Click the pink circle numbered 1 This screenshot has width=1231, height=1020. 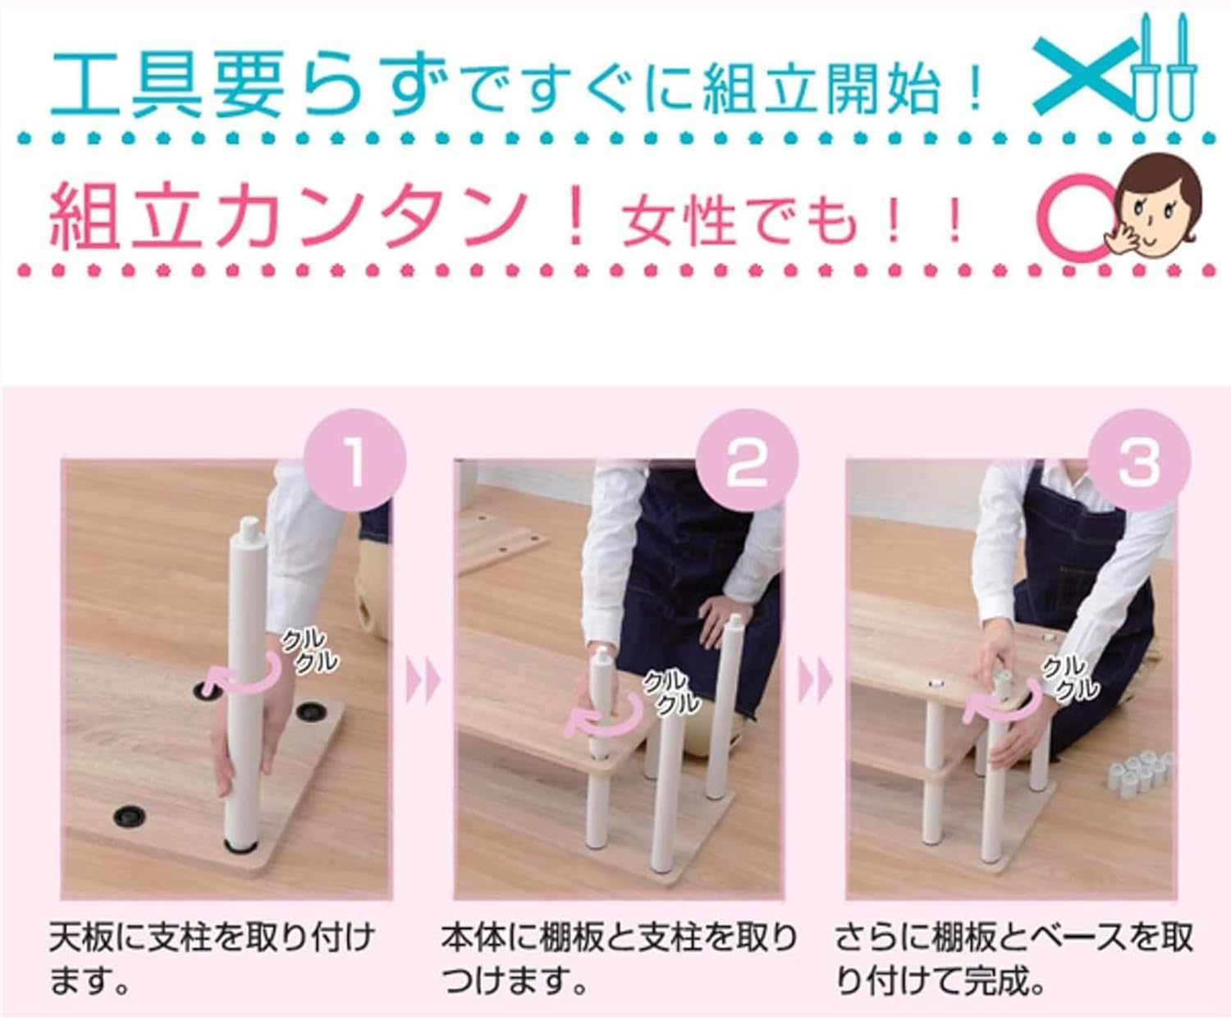pyautogui.click(x=355, y=460)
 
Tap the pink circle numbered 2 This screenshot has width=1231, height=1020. pyautogui.click(x=746, y=460)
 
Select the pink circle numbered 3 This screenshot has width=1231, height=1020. pyautogui.click(x=1140, y=460)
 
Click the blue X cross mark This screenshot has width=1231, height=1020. pyautogui.click(x=1084, y=75)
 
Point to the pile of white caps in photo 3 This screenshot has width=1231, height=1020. pyautogui.click(x=1142, y=772)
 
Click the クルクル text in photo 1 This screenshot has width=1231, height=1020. pyautogui.click(x=309, y=649)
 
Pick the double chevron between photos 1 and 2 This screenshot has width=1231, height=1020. pyautogui.click(x=424, y=682)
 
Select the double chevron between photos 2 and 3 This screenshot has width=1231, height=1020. pyautogui.click(x=816, y=682)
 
